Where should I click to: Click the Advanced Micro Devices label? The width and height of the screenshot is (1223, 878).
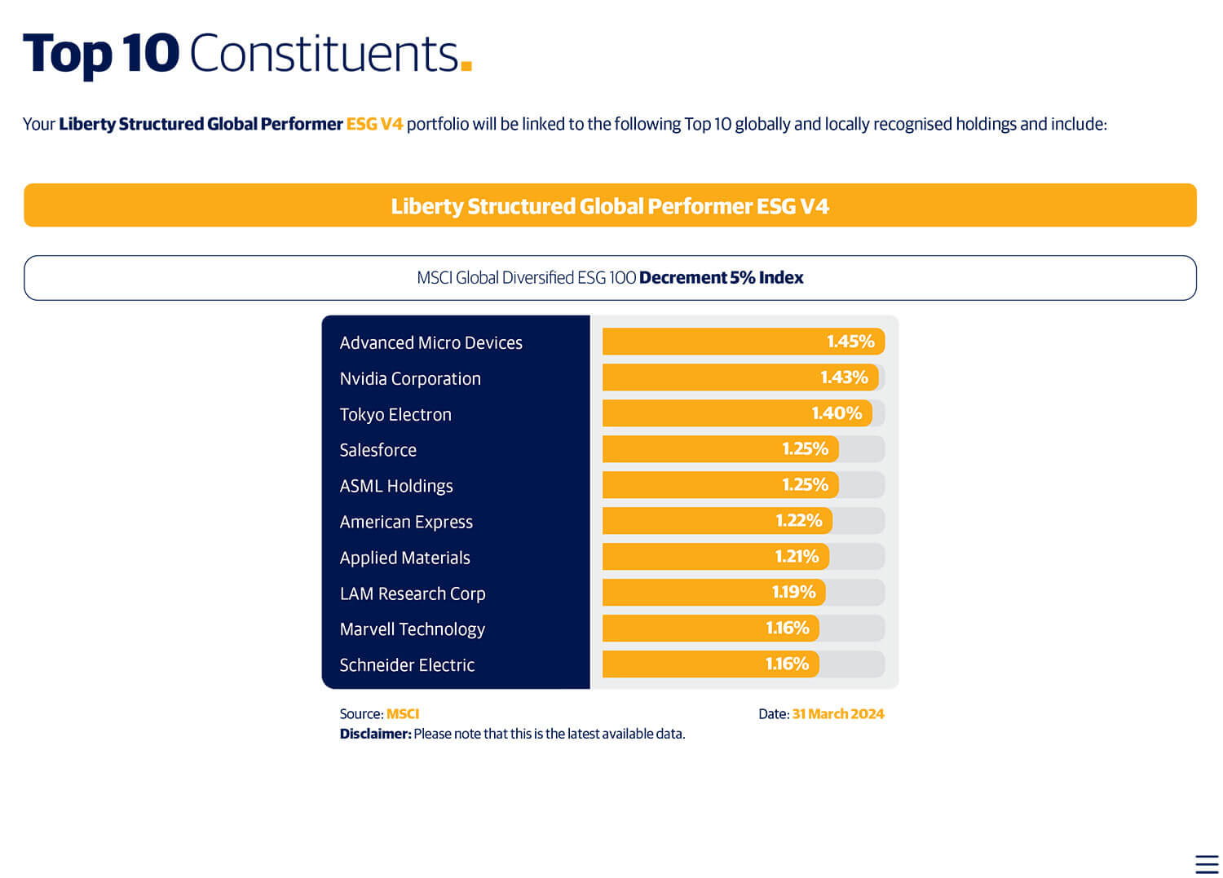click(x=430, y=343)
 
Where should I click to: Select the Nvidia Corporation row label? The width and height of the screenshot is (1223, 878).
click(x=410, y=379)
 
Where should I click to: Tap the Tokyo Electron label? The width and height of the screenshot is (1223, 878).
click(x=395, y=415)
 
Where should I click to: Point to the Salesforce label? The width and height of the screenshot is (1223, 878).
click(x=377, y=451)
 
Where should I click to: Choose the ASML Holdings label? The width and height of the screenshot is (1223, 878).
click(x=396, y=487)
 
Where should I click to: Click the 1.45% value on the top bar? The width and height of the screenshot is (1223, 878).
click(x=850, y=342)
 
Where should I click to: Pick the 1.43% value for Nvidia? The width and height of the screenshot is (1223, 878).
click(x=844, y=377)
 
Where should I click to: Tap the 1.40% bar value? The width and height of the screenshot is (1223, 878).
click(x=837, y=413)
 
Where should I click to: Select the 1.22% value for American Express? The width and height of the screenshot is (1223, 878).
click(x=798, y=521)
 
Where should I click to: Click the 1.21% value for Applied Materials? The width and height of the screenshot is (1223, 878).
click(x=797, y=557)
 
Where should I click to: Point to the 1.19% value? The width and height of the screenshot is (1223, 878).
click(x=793, y=593)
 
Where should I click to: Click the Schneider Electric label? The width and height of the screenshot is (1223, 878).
click(x=407, y=665)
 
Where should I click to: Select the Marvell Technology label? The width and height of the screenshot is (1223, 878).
click(x=412, y=629)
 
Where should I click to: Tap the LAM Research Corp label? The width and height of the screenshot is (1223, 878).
click(x=413, y=594)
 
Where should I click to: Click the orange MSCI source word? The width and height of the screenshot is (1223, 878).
click(x=403, y=714)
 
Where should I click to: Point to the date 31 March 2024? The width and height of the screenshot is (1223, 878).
click(x=837, y=714)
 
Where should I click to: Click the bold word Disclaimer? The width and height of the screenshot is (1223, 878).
click(x=375, y=734)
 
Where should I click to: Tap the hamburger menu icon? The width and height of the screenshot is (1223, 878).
click(x=1207, y=864)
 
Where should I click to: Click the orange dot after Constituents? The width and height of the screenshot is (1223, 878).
click(x=466, y=65)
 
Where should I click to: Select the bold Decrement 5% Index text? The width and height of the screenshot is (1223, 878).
click(x=721, y=278)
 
